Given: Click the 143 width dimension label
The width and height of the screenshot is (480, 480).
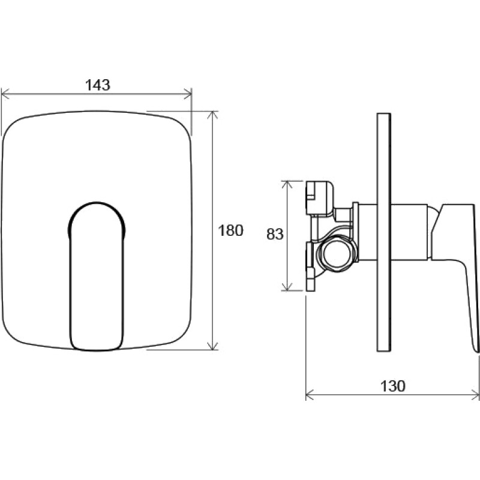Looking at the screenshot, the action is tap(97, 85).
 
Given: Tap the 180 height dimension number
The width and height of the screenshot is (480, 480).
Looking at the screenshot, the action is tap(230, 230).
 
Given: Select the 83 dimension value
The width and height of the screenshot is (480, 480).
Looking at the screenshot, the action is tap(275, 235).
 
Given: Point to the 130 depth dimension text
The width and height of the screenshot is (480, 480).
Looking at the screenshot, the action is tap(392, 386).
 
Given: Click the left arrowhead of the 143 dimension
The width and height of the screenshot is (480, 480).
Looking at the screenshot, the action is tap(5, 94).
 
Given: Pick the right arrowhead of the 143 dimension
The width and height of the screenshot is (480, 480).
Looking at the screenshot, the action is tap(187, 94).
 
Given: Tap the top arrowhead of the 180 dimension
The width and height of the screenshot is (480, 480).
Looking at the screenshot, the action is tap(213, 115).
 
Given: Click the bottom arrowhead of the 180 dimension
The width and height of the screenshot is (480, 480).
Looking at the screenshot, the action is tap(212, 346).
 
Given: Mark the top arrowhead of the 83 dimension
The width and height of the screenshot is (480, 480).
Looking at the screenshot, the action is tap(287, 185).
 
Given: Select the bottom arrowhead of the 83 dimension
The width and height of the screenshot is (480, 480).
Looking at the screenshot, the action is tap(287, 287).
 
